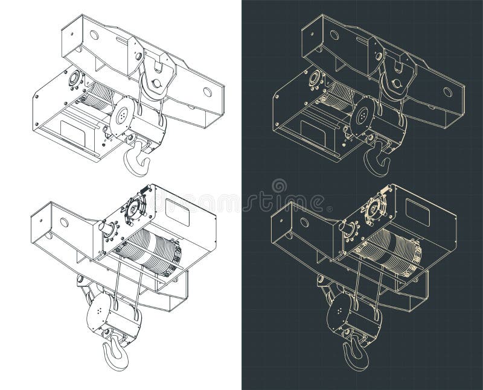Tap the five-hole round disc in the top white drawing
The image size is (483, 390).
pos(123,115)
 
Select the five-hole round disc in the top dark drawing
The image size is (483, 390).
pos(363,115)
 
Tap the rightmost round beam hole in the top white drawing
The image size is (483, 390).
pos(208,92)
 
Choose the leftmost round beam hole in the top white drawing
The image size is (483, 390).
pos(94,35)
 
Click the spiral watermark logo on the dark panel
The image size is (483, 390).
pos(279,186)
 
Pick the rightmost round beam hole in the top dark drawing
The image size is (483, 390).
pos(448,92)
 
